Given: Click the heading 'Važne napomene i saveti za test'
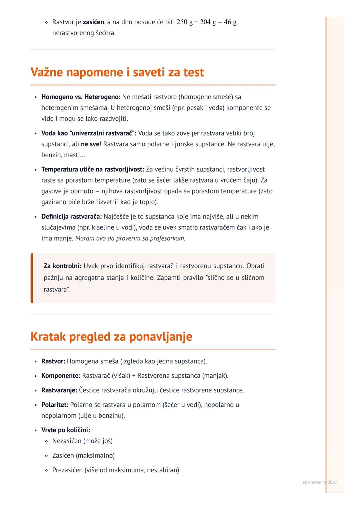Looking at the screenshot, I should (117, 72).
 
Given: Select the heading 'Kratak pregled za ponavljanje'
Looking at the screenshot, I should (111, 336).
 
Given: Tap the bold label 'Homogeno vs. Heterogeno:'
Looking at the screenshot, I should (81, 97).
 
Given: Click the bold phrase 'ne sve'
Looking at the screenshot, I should (90, 144).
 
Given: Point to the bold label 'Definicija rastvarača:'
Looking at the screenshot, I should (71, 217).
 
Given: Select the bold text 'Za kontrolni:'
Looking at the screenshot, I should (62, 266).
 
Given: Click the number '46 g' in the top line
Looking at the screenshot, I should (230, 22).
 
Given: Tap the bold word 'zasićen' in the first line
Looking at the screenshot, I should (93, 22).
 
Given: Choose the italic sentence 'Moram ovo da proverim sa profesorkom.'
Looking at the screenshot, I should (130, 239).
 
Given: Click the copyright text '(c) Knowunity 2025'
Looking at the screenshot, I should (320, 482).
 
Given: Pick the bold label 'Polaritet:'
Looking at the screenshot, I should (55, 405).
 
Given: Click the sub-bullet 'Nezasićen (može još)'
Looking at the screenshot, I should (82, 441).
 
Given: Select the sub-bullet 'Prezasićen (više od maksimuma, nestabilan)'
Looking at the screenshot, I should (116, 470).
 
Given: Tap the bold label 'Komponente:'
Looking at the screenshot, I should (61, 376).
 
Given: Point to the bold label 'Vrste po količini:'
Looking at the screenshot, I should (66, 430).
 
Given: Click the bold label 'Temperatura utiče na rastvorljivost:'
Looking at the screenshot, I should (93, 170).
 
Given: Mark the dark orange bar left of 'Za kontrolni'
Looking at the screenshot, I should (32, 278).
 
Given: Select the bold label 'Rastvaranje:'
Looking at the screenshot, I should (59, 390).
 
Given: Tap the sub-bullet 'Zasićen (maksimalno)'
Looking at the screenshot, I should (83, 455).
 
